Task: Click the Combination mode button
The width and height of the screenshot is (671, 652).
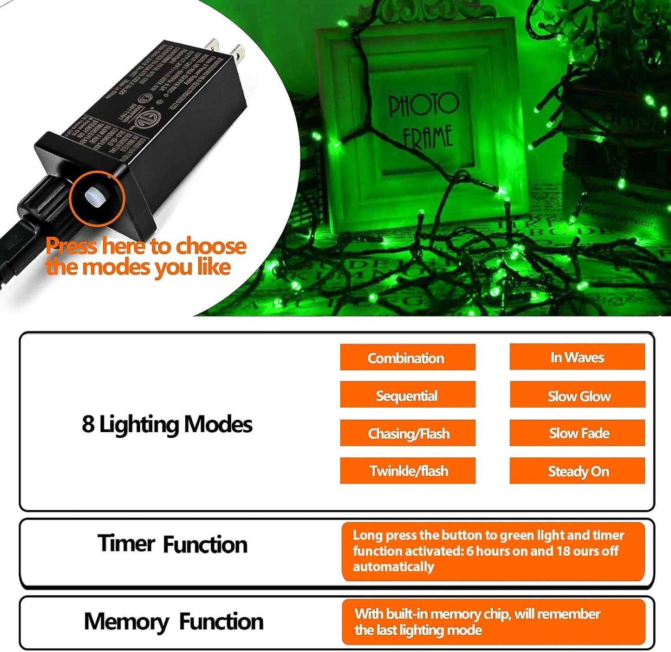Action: (407, 357)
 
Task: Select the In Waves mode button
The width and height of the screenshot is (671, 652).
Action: (577, 357)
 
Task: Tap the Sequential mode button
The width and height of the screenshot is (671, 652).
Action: (407, 395)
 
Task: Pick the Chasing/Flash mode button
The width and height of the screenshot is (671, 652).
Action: (407, 433)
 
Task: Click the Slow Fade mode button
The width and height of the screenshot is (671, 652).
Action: (578, 433)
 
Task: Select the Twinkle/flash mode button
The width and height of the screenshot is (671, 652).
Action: (407, 471)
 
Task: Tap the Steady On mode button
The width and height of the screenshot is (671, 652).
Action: (578, 471)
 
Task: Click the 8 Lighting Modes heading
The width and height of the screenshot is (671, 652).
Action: (167, 424)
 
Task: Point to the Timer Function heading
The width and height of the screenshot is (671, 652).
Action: (172, 544)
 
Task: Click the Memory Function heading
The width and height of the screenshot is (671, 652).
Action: (173, 621)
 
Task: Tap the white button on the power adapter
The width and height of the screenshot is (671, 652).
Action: (96, 198)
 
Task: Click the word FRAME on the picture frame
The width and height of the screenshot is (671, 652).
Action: (427, 137)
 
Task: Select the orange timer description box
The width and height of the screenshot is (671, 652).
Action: (493, 551)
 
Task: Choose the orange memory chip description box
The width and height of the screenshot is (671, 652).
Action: (493, 622)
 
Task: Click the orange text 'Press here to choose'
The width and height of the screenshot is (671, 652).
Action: (146, 246)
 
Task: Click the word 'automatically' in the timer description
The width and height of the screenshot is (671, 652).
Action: (393, 567)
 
